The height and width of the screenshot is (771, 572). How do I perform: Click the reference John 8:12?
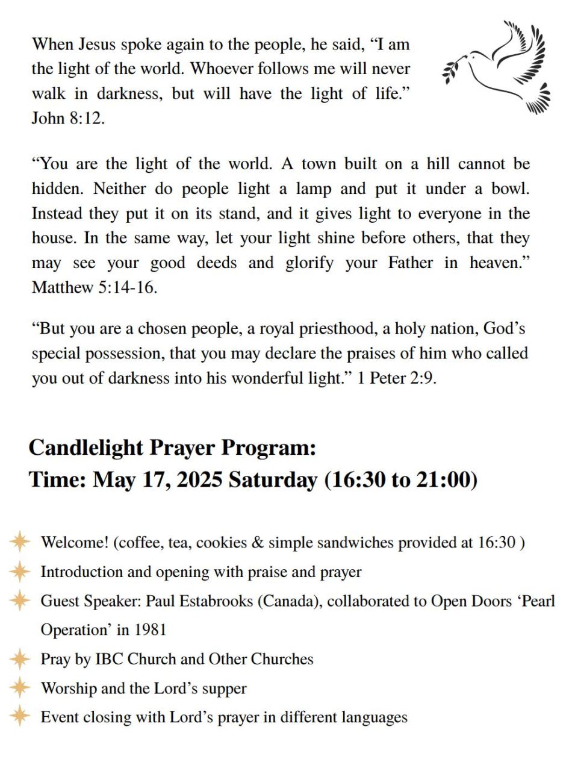(68, 118)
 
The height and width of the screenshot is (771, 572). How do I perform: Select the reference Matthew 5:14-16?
(95, 287)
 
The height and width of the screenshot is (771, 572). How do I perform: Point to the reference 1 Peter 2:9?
(397, 379)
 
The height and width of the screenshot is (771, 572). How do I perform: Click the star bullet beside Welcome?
(20, 542)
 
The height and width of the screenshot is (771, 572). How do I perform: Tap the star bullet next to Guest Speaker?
(20, 600)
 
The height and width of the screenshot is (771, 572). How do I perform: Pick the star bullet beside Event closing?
(20, 716)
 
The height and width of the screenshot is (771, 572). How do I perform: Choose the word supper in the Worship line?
(224, 688)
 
